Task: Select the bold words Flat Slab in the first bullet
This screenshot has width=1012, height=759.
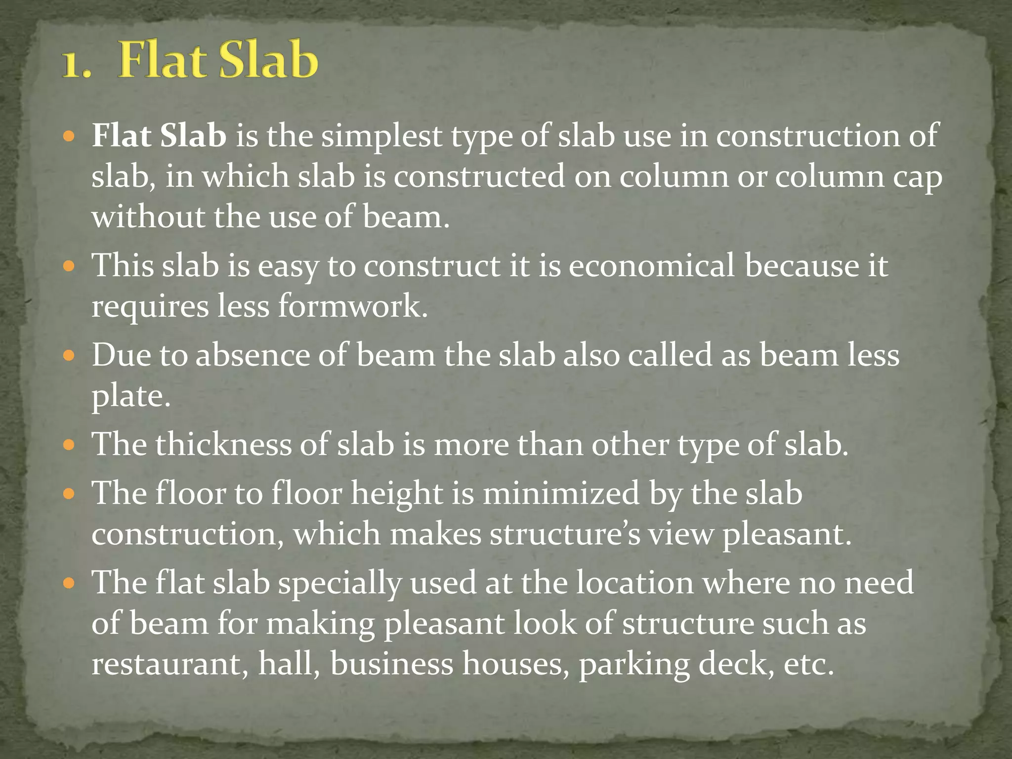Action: (159, 135)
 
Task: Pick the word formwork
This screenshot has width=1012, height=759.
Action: (352, 306)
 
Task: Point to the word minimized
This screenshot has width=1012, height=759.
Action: (561, 494)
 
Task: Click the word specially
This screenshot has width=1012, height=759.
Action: (339, 584)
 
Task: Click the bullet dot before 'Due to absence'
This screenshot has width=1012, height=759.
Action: (69, 355)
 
